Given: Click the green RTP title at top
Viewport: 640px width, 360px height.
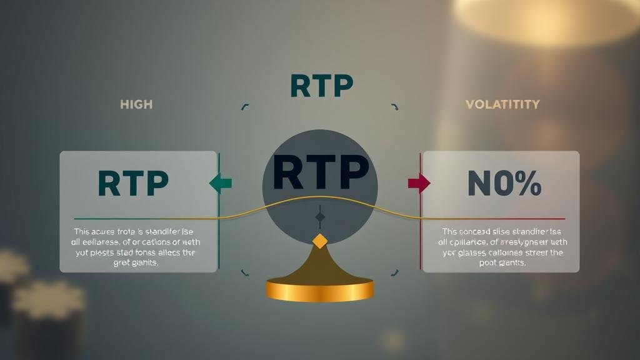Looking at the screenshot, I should tap(322, 86).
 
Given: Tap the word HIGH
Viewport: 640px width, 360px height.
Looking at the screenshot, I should tap(136, 104).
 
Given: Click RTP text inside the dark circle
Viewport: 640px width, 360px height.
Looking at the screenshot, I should tap(320, 173).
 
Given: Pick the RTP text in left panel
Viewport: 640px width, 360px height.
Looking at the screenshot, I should tap(133, 182).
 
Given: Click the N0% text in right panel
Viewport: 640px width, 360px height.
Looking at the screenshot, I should tap(504, 182).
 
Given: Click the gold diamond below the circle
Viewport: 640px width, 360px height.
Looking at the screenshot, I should tap(320, 241).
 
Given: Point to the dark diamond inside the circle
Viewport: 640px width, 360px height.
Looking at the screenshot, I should tap(320, 217).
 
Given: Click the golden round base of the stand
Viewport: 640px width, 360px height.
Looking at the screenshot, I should tap(319, 290).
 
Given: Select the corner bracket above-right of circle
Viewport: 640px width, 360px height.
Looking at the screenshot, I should tap(394, 107).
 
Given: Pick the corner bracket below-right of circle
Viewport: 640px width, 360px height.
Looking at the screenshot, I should tap(394, 272).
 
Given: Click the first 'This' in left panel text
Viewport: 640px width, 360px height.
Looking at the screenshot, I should tap(83, 231).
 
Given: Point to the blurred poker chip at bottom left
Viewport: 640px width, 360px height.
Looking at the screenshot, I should tap(47, 306).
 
